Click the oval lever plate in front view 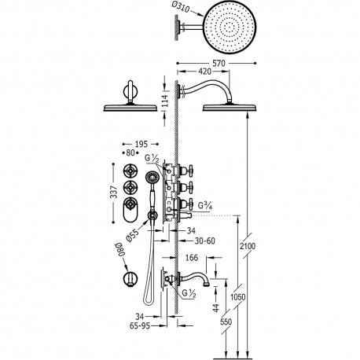pos(131,210)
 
